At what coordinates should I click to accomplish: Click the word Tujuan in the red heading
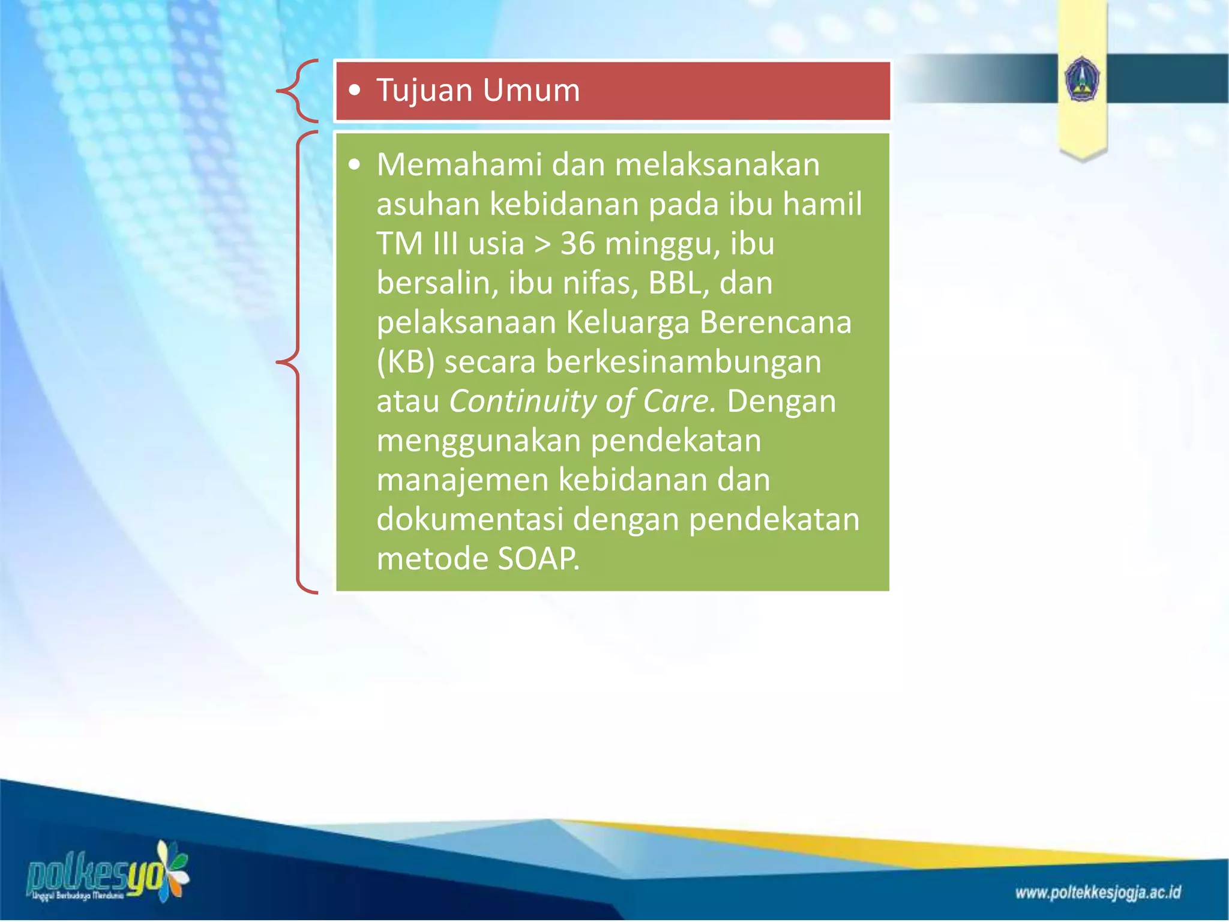[x=424, y=91]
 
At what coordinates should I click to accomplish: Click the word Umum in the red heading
[x=531, y=91]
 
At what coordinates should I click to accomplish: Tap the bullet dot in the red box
[x=355, y=91]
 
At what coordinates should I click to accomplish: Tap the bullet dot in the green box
[x=355, y=164]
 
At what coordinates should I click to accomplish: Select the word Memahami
[x=459, y=164]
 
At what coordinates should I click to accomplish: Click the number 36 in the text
[x=577, y=244]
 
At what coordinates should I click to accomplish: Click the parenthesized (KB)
[x=405, y=363]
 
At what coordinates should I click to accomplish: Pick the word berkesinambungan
[x=683, y=363]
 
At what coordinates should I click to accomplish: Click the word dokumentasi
[x=469, y=520]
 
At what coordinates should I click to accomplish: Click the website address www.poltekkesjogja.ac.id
[x=1098, y=893]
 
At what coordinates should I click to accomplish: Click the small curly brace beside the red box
[x=298, y=91]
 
